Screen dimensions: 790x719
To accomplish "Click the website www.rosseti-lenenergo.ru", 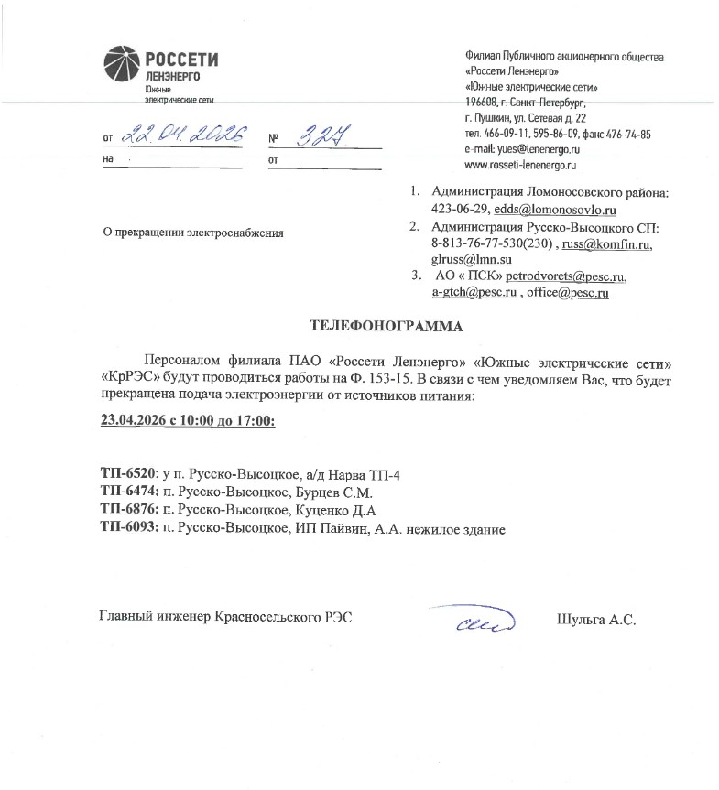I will point(519,165).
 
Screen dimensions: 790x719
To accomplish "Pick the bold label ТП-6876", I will point(128,511).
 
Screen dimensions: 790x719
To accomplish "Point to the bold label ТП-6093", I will point(128,529).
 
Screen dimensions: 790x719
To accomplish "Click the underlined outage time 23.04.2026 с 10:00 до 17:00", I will point(187,423).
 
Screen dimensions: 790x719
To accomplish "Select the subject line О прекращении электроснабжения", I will point(193,233).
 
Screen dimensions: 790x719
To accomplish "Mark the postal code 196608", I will point(483,103).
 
